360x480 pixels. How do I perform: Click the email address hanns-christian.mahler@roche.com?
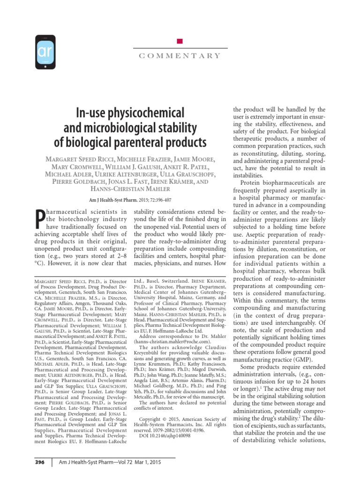point(173,343)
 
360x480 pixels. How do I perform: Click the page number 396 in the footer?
point(40,462)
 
